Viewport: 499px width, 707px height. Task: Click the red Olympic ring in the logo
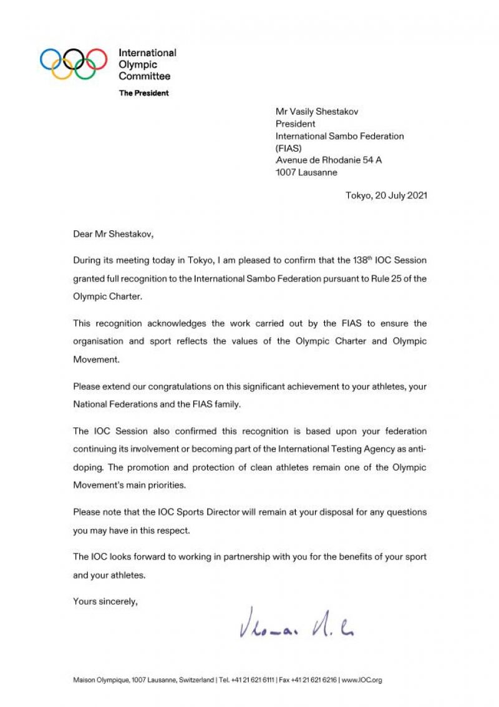96,58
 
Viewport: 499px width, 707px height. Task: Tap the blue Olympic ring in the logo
51,59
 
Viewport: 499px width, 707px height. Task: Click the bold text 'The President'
143,93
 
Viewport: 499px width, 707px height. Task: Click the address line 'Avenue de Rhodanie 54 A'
329,160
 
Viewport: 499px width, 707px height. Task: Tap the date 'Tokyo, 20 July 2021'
386,195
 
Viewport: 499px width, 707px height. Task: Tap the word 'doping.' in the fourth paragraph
89,467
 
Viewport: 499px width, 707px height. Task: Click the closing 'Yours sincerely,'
105,602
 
